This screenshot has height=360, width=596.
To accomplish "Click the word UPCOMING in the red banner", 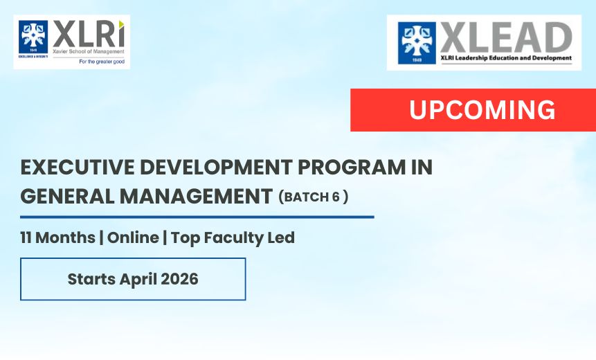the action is [482, 110].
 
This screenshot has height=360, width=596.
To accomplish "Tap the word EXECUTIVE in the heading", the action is [77, 168].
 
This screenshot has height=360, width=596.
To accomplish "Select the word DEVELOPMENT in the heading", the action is [216, 168].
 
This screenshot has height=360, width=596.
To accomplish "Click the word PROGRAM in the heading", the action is [352, 168].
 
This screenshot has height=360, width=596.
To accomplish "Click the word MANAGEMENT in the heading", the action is [196, 197].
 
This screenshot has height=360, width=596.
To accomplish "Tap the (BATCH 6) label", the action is [313, 197].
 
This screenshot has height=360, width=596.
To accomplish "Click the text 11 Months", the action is [57, 237].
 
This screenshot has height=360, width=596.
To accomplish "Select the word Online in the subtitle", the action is [133, 237].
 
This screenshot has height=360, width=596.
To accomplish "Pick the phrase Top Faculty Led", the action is [233, 238].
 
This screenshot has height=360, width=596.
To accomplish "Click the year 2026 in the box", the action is [179, 279].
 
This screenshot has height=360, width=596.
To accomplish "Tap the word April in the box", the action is [138, 280].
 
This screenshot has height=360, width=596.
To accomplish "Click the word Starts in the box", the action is [91, 279].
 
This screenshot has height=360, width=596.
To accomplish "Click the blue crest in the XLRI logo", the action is [33, 37].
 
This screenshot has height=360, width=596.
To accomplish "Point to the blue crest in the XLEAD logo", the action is [417, 42].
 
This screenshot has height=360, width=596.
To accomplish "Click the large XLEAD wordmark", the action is [506, 37].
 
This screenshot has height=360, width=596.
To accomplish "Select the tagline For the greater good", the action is [102, 62].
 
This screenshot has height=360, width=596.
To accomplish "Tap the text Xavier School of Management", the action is [89, 51].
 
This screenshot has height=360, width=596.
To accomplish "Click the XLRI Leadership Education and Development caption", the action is [506, 57].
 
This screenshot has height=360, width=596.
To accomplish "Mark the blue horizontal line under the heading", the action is [197, 217].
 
